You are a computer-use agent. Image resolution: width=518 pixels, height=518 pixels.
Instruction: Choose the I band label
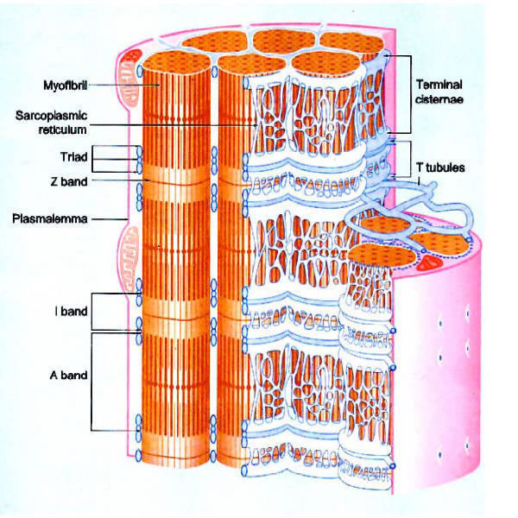[69, 312]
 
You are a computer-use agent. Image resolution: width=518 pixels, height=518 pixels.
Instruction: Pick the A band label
[67, 376]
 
